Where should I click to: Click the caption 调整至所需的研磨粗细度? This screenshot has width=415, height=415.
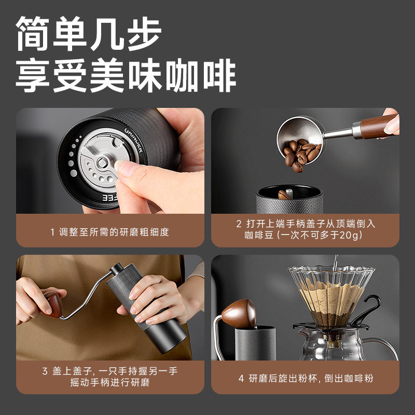pos(115,232)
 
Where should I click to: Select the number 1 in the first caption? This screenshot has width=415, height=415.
pos(52,232)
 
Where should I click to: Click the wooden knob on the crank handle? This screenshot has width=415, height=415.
pos(53,304)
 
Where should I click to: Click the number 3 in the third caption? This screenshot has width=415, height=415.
pos(45,371)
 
